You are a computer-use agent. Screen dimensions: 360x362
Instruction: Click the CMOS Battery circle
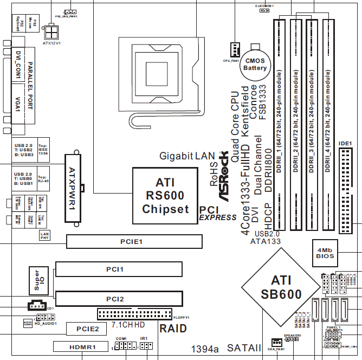(x=255, y=65)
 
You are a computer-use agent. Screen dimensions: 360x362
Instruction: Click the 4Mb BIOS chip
(x=326, y=250)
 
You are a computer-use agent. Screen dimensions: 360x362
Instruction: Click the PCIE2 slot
(x=87, y=329)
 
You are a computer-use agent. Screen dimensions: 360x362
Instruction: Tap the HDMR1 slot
(x=82, y=346)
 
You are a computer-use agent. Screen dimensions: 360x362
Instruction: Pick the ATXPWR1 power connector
(x=73, y=188)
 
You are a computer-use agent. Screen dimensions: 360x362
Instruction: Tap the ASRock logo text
(x=223, y=179)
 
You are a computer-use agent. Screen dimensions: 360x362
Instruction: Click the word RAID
(x=173, y=328)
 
